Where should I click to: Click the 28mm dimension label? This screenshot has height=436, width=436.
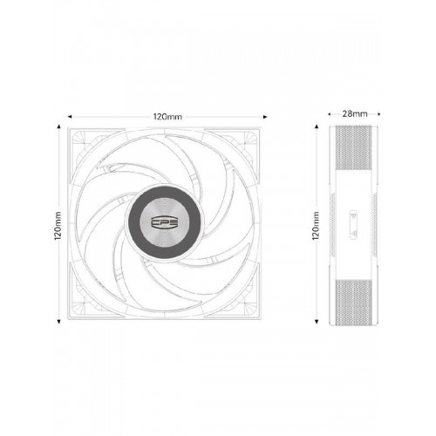click(355, 113)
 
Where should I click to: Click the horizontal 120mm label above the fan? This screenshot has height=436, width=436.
click(167, 117)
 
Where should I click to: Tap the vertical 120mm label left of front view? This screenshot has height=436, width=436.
click(58, 225)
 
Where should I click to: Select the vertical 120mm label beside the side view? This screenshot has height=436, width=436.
click(316, 226)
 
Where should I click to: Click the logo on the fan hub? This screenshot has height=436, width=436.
click(166, 223)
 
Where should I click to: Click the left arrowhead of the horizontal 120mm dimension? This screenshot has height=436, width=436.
click(70, 117)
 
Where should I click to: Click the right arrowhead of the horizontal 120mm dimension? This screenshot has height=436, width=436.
click(265, 117)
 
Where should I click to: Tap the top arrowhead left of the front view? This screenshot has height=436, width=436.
click(59, 126)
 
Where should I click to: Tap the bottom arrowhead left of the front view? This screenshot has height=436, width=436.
click(59, 322)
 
